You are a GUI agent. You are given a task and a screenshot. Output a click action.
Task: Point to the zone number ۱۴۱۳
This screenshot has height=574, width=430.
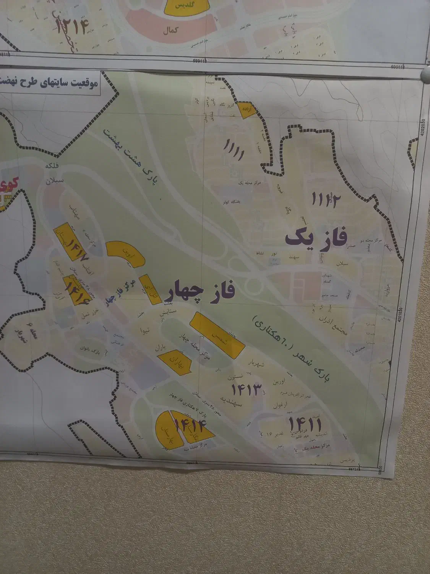pyautogui.click(x=246, y=390)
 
